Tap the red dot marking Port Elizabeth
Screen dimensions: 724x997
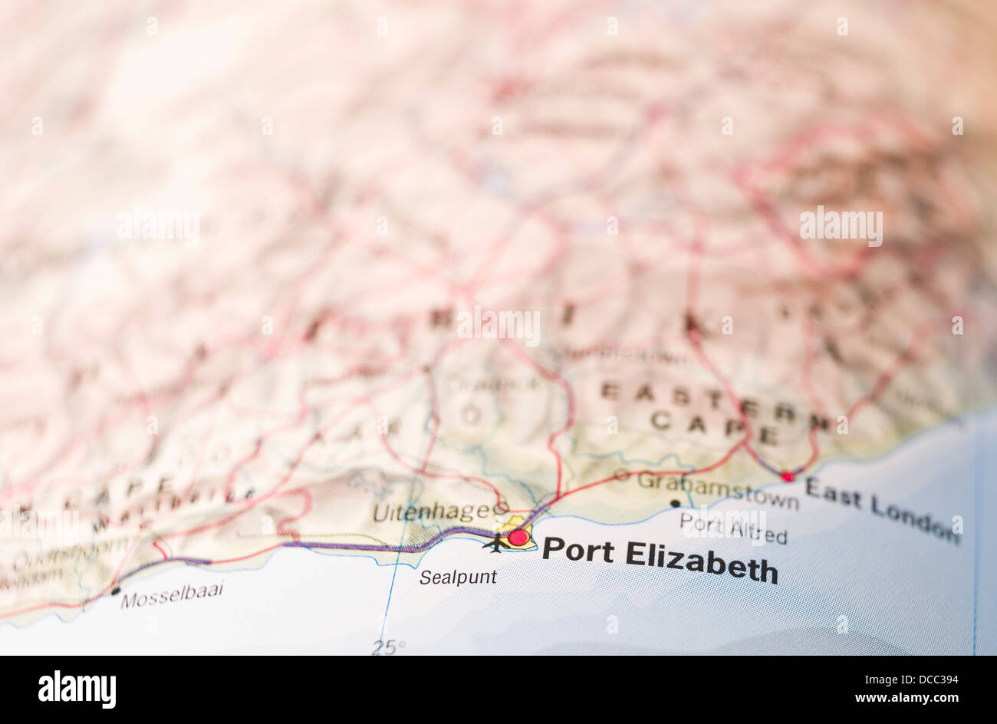point(518,537)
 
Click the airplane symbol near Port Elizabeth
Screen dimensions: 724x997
point(495,543)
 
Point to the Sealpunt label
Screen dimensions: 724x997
point(458,578)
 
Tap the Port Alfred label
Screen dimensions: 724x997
point(733,528)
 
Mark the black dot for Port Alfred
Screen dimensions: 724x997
point(675,504)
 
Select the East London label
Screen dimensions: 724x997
point(882,510)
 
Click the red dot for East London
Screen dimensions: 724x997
point(787,476)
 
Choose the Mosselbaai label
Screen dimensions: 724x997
point(172,596)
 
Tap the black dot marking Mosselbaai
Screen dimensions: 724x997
point(115,591)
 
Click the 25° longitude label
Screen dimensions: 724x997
point(389,647)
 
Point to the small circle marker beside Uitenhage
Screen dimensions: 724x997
point(502,507)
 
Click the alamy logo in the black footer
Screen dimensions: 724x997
point(77,689)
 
